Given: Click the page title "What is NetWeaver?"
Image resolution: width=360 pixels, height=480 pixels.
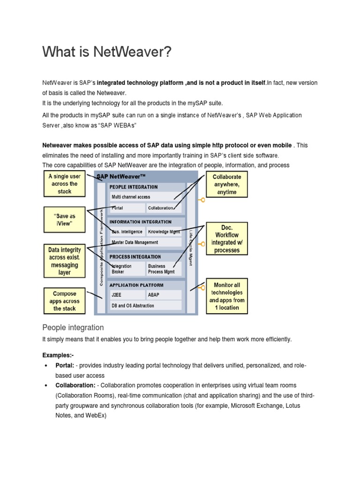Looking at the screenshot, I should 104,52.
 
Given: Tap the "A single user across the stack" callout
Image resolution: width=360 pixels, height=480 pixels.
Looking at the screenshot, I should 65,184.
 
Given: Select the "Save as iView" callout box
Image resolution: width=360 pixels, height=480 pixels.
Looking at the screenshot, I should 65,220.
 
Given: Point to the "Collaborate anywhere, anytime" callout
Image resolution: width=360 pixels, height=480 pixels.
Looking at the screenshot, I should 227,184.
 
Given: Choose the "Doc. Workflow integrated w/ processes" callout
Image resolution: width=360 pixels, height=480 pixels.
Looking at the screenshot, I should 226,239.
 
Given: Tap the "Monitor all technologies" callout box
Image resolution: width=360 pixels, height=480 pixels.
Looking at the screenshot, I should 226,296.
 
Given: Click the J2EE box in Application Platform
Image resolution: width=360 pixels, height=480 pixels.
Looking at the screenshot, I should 127,295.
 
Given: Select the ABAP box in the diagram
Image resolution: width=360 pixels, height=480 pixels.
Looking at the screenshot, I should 163,295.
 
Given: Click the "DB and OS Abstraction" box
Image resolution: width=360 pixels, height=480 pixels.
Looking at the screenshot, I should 145,306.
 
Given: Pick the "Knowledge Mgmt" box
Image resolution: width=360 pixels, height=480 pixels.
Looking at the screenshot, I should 164,232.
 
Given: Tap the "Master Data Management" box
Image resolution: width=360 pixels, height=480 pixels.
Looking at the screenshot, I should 145,242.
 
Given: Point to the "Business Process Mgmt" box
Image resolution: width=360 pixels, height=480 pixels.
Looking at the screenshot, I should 163,269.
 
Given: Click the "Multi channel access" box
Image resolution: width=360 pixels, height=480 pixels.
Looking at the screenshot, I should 145,197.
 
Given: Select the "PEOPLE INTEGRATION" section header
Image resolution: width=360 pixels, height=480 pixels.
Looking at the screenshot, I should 134,187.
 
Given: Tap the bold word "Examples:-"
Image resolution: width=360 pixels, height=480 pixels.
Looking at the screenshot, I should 58,355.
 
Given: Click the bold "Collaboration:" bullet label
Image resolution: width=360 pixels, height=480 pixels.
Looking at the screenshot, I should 75,385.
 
